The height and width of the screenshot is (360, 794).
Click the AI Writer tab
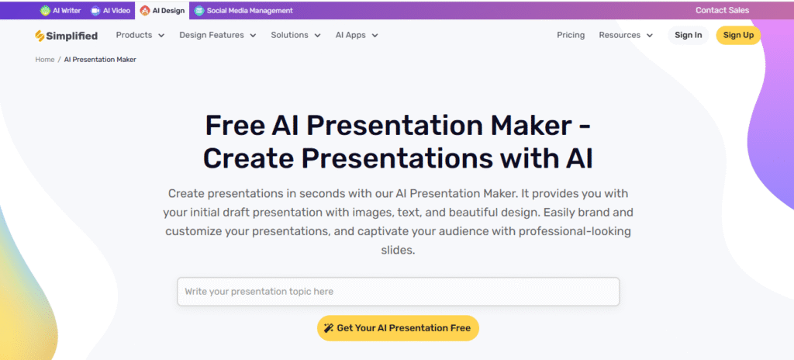click(x=60, y=10)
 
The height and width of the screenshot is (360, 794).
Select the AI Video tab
click(x=110, y=10)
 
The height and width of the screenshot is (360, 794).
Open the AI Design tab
click(x=162, y=10)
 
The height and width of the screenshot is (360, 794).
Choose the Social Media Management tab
click(x=243, y=10)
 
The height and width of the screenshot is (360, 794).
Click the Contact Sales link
click(x=722, y=10)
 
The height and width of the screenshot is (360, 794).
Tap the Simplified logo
click(x=67, y=36)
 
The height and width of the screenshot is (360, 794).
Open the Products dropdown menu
click(x=140, y=35)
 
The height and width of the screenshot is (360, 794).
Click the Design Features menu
click(x=218, y=35)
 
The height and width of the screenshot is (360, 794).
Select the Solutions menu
click(x=295, y=35)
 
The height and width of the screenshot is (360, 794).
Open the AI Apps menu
click(x=357, y=35)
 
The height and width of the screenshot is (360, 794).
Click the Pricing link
click(x=571, y=35)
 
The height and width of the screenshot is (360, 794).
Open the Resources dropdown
click(x=626, y=35)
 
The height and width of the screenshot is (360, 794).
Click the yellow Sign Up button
click(x=738, y=35)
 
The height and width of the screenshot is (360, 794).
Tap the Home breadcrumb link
click(x=44, y=59)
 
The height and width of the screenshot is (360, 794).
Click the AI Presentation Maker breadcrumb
click(x=100, y=59)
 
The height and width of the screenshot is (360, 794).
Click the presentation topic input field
click(x=398, y=292)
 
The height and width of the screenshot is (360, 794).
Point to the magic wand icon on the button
click(x=329, y=328)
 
